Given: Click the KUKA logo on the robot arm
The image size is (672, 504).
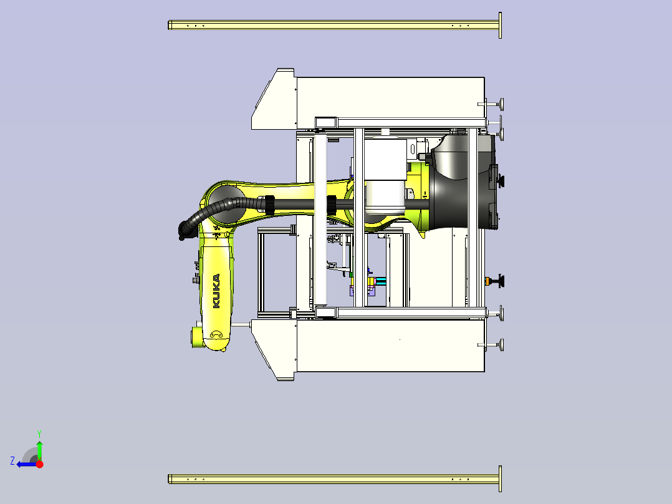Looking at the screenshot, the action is [x=216, y=291].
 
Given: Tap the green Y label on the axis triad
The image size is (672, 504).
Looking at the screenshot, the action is [x=39, y=434].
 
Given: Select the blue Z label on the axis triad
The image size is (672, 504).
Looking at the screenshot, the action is [x=12, y=461].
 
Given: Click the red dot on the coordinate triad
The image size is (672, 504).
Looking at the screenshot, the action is [x=39, y=464].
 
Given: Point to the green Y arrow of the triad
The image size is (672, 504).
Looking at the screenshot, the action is [x=39, y=450].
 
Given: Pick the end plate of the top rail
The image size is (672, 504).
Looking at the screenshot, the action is [x=500, y=26].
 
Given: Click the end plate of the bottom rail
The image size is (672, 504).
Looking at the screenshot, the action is [x=500, y=478].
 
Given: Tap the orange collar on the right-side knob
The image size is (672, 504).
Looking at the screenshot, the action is [x=487, y=281].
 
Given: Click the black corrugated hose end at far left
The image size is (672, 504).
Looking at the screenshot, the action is [x=183, y=231].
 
